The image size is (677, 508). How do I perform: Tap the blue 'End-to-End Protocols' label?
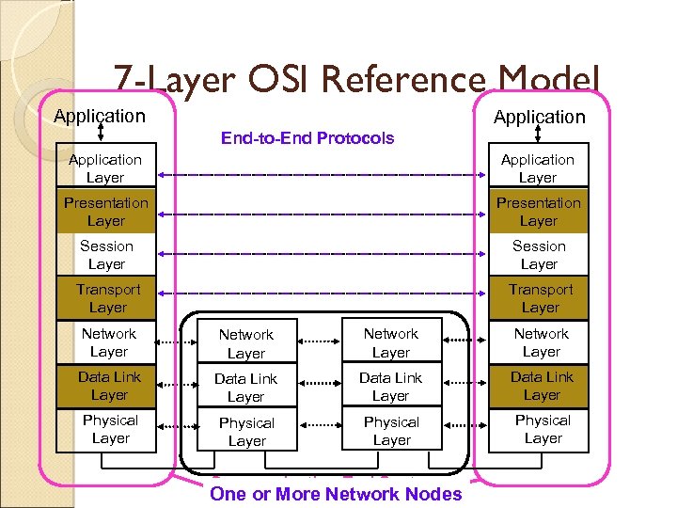pos(307,138)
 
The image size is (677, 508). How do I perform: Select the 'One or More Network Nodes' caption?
pos(336,494)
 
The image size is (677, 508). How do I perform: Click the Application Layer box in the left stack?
pos(105,168)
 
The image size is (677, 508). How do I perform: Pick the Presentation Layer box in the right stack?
pos(539,212)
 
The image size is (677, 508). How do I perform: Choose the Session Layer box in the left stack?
pos(105,255)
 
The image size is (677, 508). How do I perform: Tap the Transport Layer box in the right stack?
pos(540,298)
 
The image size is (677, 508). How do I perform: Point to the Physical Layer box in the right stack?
pos(543,429)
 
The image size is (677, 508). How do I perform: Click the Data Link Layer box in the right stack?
pos(541,386)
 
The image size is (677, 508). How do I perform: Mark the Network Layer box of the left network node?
pos(245,343)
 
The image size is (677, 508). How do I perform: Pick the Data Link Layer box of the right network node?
pos(390,387)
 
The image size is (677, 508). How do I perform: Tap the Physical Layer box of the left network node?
pos(246,432)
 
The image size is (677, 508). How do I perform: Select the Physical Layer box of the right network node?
pos(391,431)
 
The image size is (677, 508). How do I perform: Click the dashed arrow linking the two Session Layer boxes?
pos(320,254)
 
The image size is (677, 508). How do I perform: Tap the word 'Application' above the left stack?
pos(100,116)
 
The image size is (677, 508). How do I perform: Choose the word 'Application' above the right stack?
pos(539,117)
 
